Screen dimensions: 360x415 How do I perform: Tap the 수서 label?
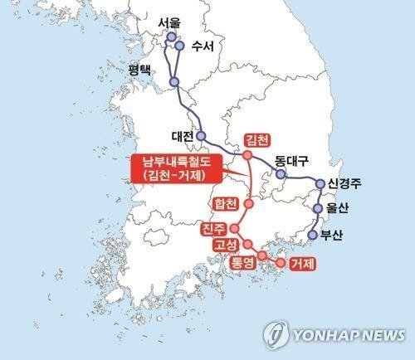click(202, 46)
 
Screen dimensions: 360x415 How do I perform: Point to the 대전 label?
click(182, 135)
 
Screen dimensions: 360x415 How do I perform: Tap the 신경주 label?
click(349, 183)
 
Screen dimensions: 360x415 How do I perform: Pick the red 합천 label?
click(225, 203)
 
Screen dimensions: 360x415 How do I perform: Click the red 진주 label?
click(213, 229)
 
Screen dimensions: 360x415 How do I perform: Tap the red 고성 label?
click(225, 246)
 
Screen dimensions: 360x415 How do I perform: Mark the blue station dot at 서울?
click(172, 37)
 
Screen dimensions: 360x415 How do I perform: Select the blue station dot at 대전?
click(200, 135)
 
